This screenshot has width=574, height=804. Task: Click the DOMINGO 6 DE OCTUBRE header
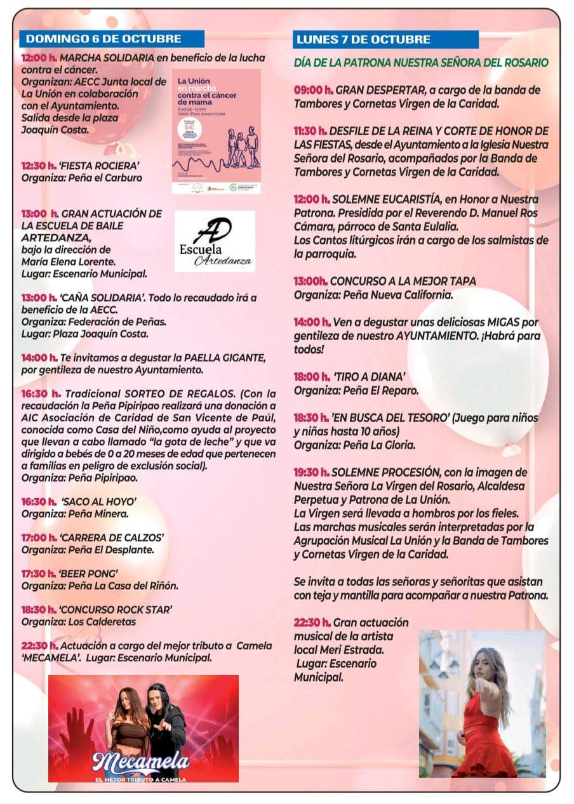click(103, 39)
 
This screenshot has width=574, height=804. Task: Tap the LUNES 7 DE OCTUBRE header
click(363, 39)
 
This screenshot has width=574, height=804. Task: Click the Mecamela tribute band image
click(143, 728)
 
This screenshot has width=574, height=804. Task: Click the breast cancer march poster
click(216, 131)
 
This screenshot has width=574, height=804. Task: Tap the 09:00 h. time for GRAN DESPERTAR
click(314, 89)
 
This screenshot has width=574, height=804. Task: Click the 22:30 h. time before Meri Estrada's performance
click(312, 623)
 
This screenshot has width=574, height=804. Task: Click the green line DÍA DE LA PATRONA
click(420, 63)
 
